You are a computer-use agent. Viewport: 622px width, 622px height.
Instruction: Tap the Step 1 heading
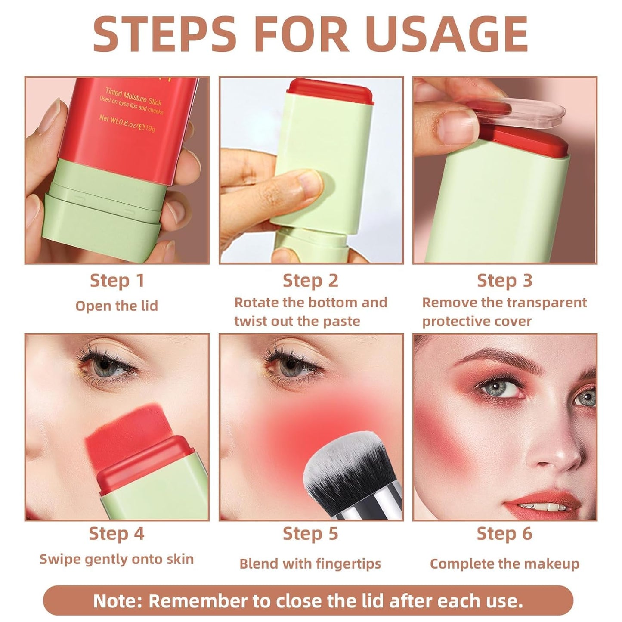tap(117, 281)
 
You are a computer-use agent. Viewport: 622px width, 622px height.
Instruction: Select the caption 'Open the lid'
tap(117, 306)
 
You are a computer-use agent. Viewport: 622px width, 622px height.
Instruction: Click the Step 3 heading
tap(504, 281)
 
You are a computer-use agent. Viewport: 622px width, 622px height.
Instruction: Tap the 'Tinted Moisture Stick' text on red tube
tap(133, 96)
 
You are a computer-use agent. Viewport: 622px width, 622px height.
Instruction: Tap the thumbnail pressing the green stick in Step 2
tap(308, 183)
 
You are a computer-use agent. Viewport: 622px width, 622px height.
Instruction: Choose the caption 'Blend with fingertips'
tap(310, 563)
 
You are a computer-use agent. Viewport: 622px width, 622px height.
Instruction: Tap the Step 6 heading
tap(504, 534)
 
